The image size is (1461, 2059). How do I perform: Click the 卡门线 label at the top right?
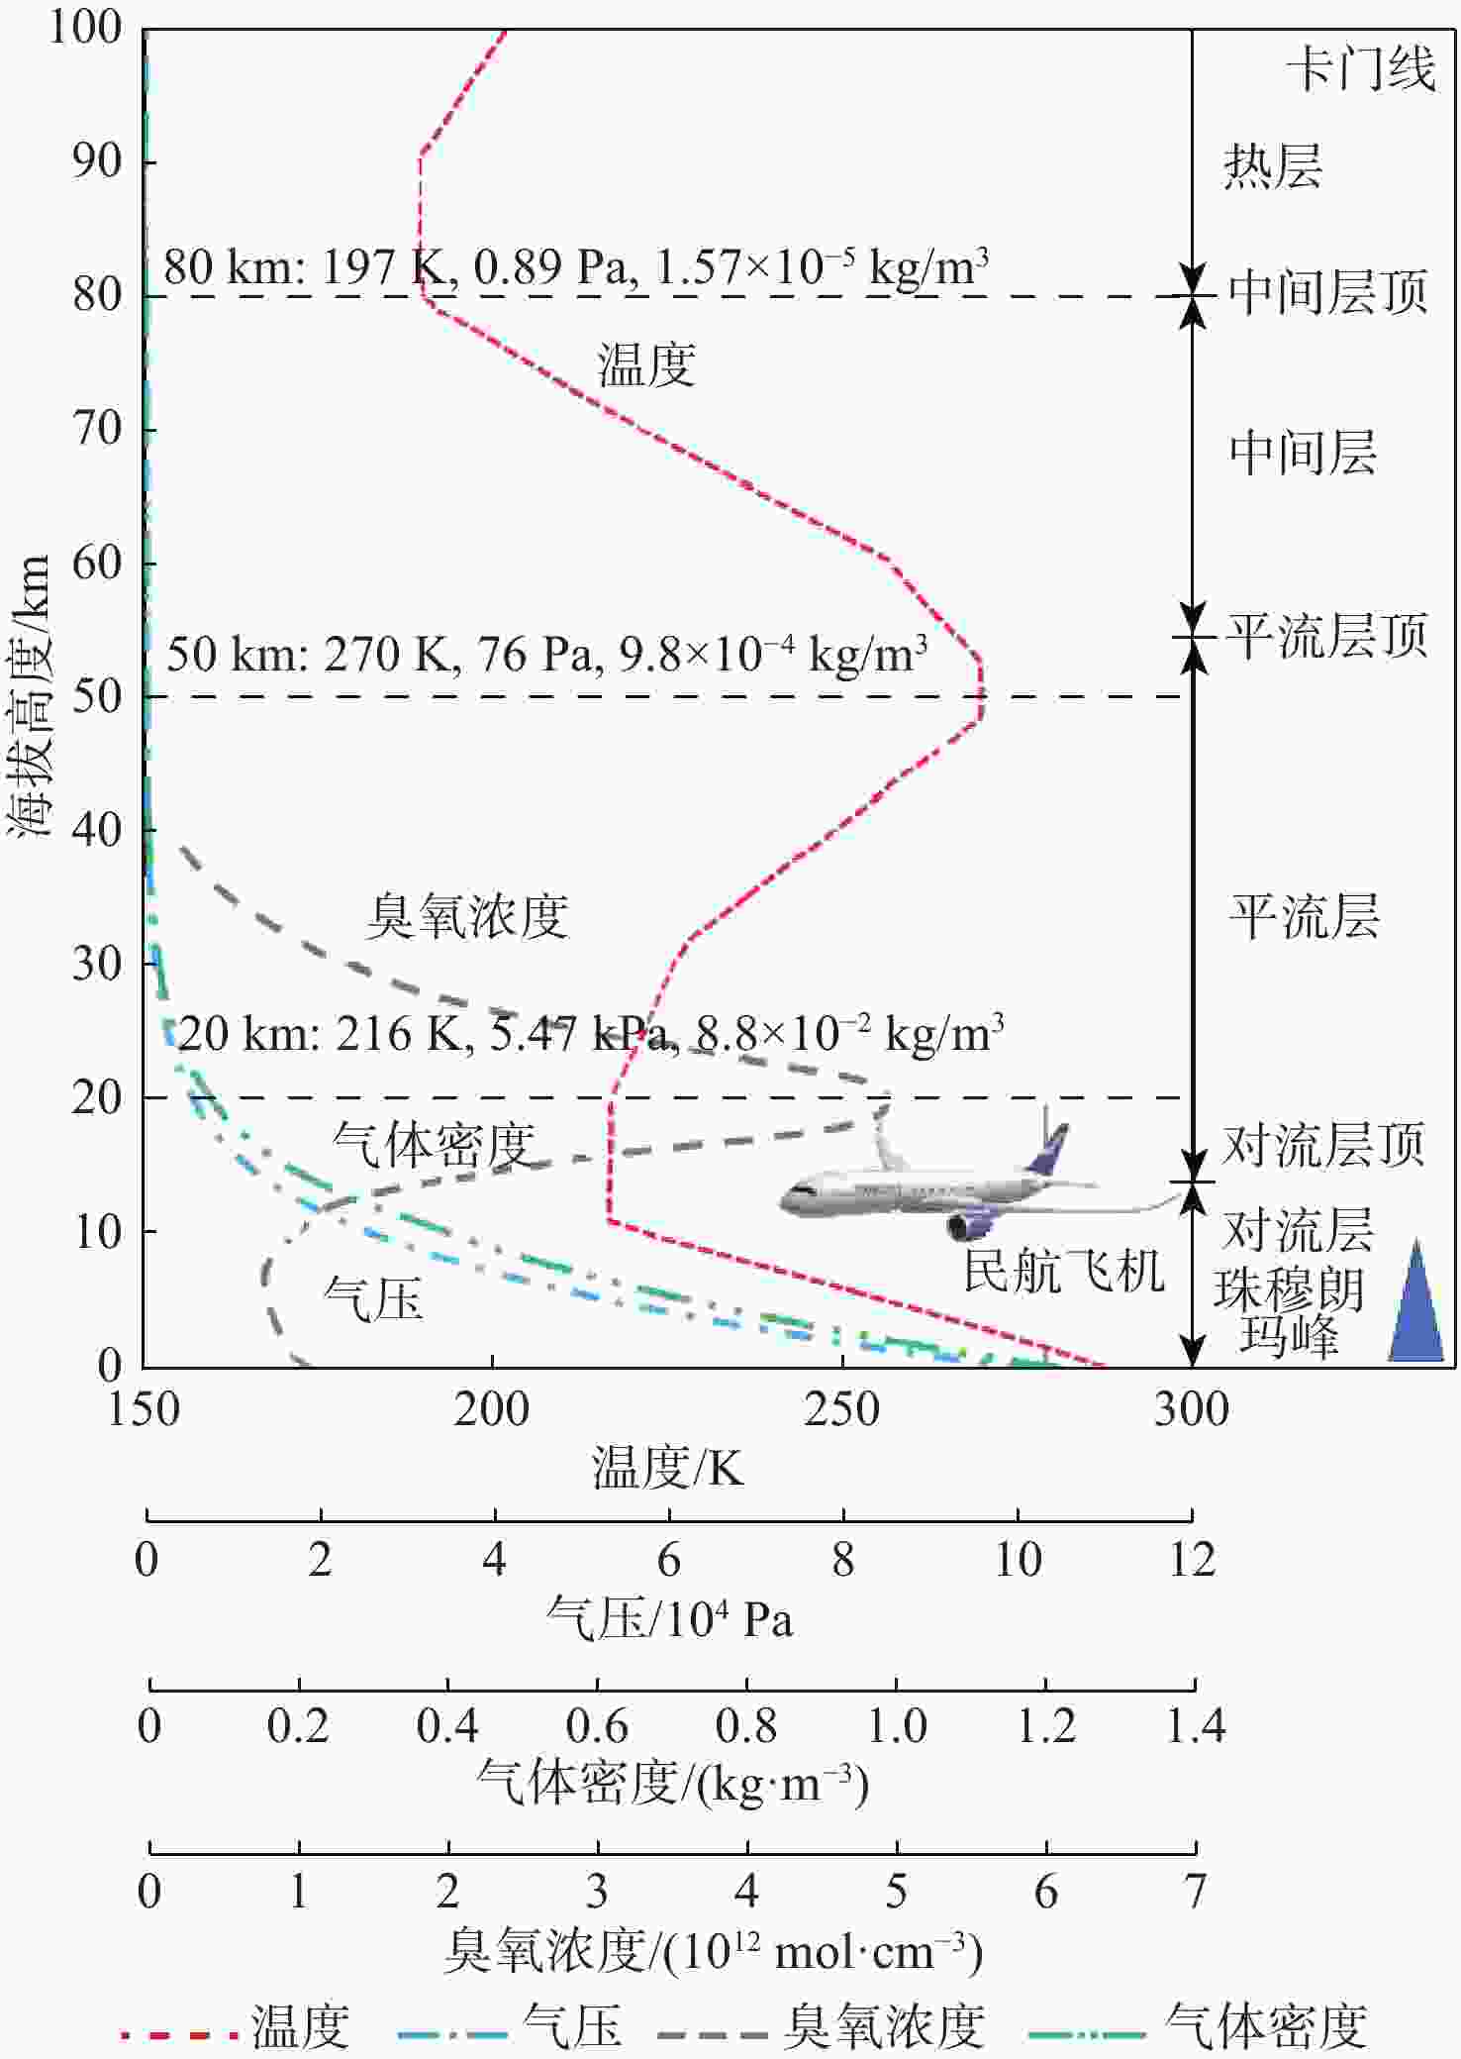coord(1360,70)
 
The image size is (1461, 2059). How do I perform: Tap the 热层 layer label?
coord(1273,165)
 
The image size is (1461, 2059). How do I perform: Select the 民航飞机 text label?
coord(1064,1270)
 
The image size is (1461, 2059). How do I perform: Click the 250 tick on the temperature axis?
coord(841,1409)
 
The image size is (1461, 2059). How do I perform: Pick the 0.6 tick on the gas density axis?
coord(597,1726)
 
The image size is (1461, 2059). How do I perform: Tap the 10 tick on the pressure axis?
coord(1017,1560)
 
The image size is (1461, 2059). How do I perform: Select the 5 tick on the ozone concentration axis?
coord(896,1891)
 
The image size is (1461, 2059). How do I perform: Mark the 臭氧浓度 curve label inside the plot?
coord(467,916)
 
